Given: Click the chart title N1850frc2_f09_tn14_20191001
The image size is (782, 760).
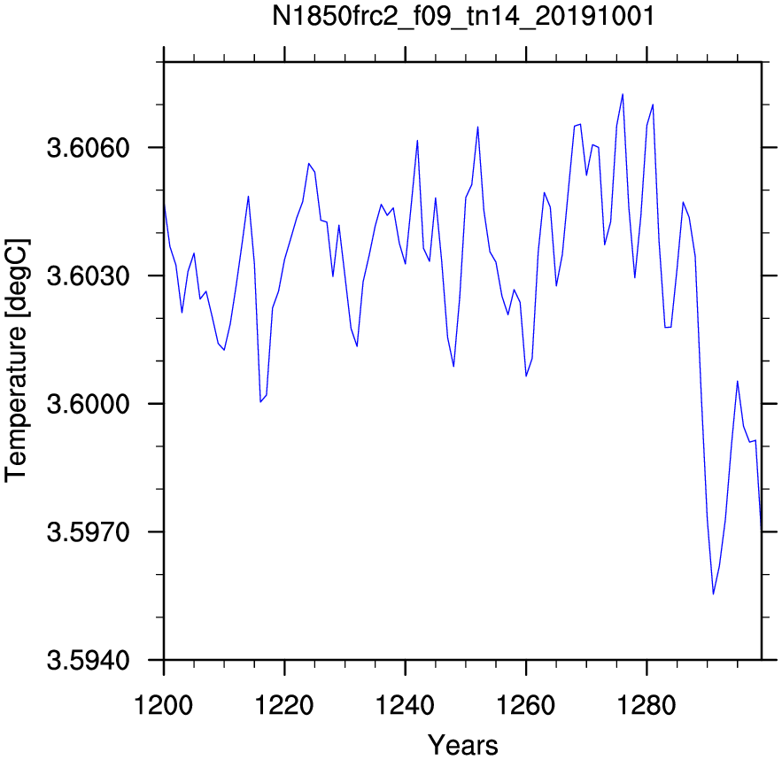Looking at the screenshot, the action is [x=463, y=18].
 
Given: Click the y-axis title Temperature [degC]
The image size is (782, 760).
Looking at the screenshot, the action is [x=17, y=361].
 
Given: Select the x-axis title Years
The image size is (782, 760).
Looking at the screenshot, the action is [x=463, y=745].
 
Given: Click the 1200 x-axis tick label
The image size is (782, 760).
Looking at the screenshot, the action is [x=164, y=706].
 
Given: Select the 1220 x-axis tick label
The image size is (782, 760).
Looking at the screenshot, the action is [x=284, y=706].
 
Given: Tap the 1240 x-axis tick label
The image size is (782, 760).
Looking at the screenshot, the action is [x=405, y=706].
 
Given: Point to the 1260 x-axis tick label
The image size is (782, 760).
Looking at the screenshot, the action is [x=526, y=706].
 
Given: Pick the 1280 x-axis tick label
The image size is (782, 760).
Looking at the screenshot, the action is [x=647, y=706].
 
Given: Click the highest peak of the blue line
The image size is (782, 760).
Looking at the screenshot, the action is [x=623, y=94].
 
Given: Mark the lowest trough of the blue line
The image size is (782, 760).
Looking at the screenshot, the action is [x=713, y=594].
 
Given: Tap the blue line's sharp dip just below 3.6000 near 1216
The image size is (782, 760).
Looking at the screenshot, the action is [x=260, y=401].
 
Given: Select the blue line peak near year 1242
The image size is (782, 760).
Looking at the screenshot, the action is [x=417, y=140].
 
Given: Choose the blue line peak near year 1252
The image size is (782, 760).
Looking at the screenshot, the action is [x=477, y=127].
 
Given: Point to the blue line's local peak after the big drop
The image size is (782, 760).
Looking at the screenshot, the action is [x=737, y=381].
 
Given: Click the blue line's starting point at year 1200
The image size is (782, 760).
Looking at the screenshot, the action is [x=164, y=204].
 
